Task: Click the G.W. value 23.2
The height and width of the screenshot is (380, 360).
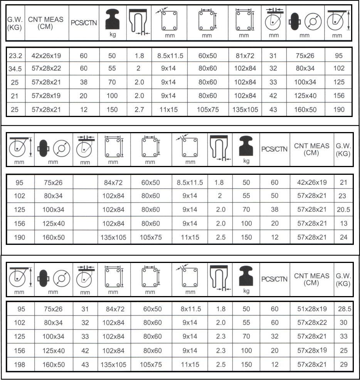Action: click(x=15, y=56)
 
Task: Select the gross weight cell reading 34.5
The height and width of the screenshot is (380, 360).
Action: click(x=15, y=69)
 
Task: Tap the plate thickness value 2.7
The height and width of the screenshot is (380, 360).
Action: click(x=140, y=110)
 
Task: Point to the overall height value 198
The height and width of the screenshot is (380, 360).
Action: click(x=19, y=364)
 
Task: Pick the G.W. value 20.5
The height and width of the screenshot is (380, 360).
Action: click(x=343, y=210)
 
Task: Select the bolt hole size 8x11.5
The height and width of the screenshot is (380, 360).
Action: click(x=190, y=309)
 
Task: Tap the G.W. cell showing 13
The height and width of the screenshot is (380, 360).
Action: click(x=343, y=224)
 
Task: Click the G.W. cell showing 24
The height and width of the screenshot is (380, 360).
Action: click(x=343, y=237)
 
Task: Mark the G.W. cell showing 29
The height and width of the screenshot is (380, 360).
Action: click(x=343, y=364)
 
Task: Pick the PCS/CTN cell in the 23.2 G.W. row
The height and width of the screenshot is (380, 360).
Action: click(x=84, y=56)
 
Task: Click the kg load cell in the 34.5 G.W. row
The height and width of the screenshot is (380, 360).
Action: click(x=112, y=69)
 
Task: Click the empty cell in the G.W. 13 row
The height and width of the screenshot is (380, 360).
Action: click(x=85, y=224)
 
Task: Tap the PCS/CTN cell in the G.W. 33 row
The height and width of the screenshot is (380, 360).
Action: click(x=274, y=336)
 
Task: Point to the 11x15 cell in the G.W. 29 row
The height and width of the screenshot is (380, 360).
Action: click(x=190, y=364)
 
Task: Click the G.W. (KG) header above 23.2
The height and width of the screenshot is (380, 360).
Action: click(x=15, y=23)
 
